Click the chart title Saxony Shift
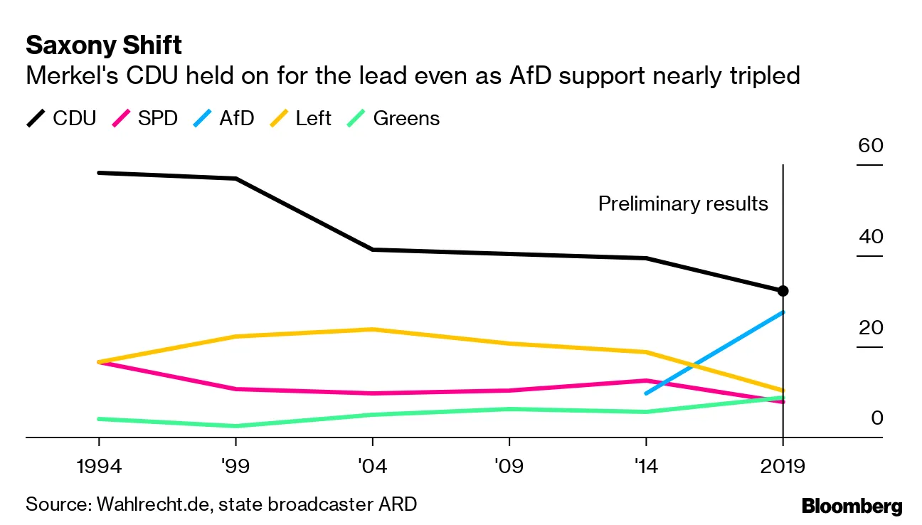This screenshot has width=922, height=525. click(104, 46)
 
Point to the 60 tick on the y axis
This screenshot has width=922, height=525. click(870, 147)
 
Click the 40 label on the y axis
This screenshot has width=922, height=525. click(870, 238)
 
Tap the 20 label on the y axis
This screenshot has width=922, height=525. click(870, 329)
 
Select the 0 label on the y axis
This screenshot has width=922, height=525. click(877, 418)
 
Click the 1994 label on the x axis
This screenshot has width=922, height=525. click(98, 467)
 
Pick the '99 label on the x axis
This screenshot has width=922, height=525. click(235, 467)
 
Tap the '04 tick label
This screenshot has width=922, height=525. click(371, 467)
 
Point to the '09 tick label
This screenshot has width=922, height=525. click(508, 467)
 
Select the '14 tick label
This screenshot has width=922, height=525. click(645, 467)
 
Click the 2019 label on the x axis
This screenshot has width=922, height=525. click(782, 467)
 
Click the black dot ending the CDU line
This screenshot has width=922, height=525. click(783, 290)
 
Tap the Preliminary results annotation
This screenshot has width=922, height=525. click(683, 204)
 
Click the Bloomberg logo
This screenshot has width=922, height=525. click(852, 507)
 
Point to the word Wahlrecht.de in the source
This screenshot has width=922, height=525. click(152, 505)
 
